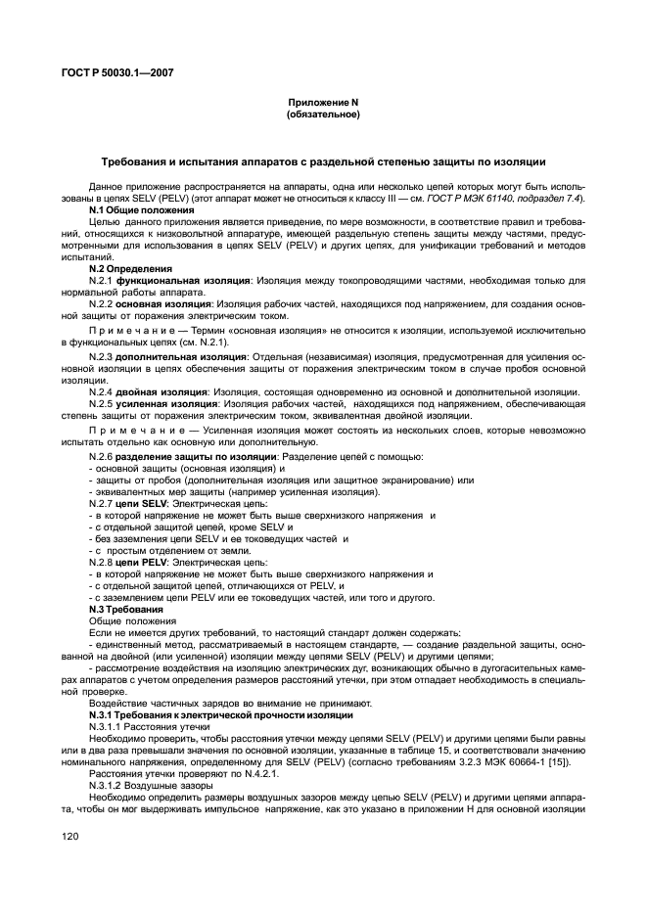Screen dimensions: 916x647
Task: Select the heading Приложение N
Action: click(x=323, y=103)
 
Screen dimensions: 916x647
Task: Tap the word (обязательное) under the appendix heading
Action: click(x=323, y=114)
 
